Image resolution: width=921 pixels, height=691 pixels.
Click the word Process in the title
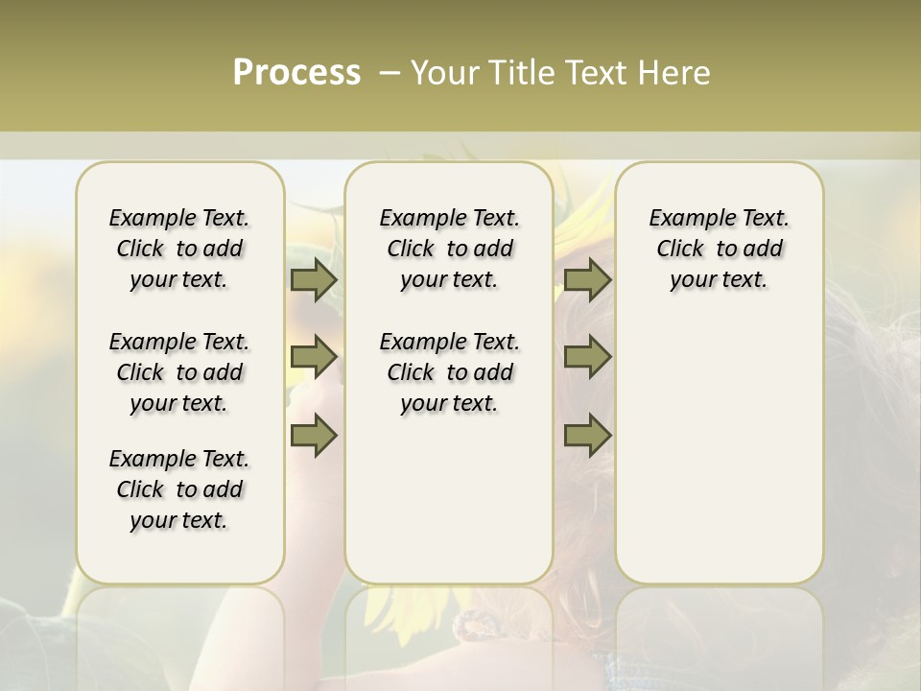(x=296, y=73)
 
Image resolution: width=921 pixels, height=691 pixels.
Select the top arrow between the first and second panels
(x=314, y=280)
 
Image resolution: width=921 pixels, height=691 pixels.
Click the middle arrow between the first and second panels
(x=314, y=357)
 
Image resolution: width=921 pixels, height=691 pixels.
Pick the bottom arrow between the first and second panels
(x=314, y=435)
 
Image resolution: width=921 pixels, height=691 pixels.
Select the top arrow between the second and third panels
(x=587, y=280)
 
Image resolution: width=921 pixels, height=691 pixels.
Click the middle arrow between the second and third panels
(x=587, y=357)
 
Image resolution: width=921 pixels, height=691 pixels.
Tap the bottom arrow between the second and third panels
(x=587, y=435)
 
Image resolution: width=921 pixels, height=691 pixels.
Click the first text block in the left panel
(x=179, y=249)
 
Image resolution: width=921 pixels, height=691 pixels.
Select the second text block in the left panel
(x=179, y=372)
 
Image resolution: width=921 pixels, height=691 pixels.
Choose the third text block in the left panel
(x=179, y=489)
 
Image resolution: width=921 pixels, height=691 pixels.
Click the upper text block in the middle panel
(x=449, y=249)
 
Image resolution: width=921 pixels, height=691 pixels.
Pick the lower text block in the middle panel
(x=449, y=372)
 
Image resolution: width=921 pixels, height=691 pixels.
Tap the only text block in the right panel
(x=719, y=249)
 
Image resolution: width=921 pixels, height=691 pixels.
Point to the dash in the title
(x=390, y=73)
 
